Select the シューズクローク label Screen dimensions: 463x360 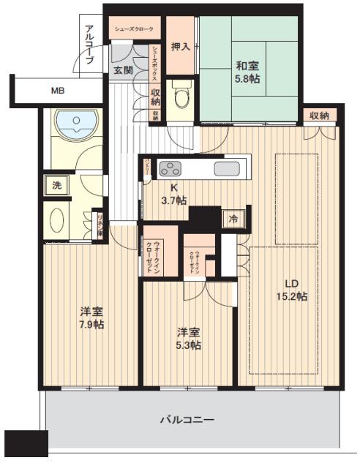pyautogui.click(x=133, y=30)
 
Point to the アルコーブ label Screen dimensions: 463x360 pyautogui.click(x=89, y=45)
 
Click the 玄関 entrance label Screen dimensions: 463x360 pyautogui.click(x=122, y=70)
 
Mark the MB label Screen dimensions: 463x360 pyautogui.click(x=57, y=91)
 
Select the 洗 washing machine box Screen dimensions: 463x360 pyautogui.click(x=56, y=185)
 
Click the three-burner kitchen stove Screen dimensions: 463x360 pyautogui.click(x=172, y=169)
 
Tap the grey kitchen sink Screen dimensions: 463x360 pyautogui.click(x=227, y=169)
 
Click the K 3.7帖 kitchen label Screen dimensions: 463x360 pyautogui.click(x=176, y=193)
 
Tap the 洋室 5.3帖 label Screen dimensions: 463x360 pyautogui.click(x=188, y=338)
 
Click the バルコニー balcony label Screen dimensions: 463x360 pyautogui.click(x=187, y=420)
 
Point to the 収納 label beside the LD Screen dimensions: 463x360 pyautogui.click(x=319, y=115)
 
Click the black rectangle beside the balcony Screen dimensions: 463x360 pyautogui.click(x=26, y=443)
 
